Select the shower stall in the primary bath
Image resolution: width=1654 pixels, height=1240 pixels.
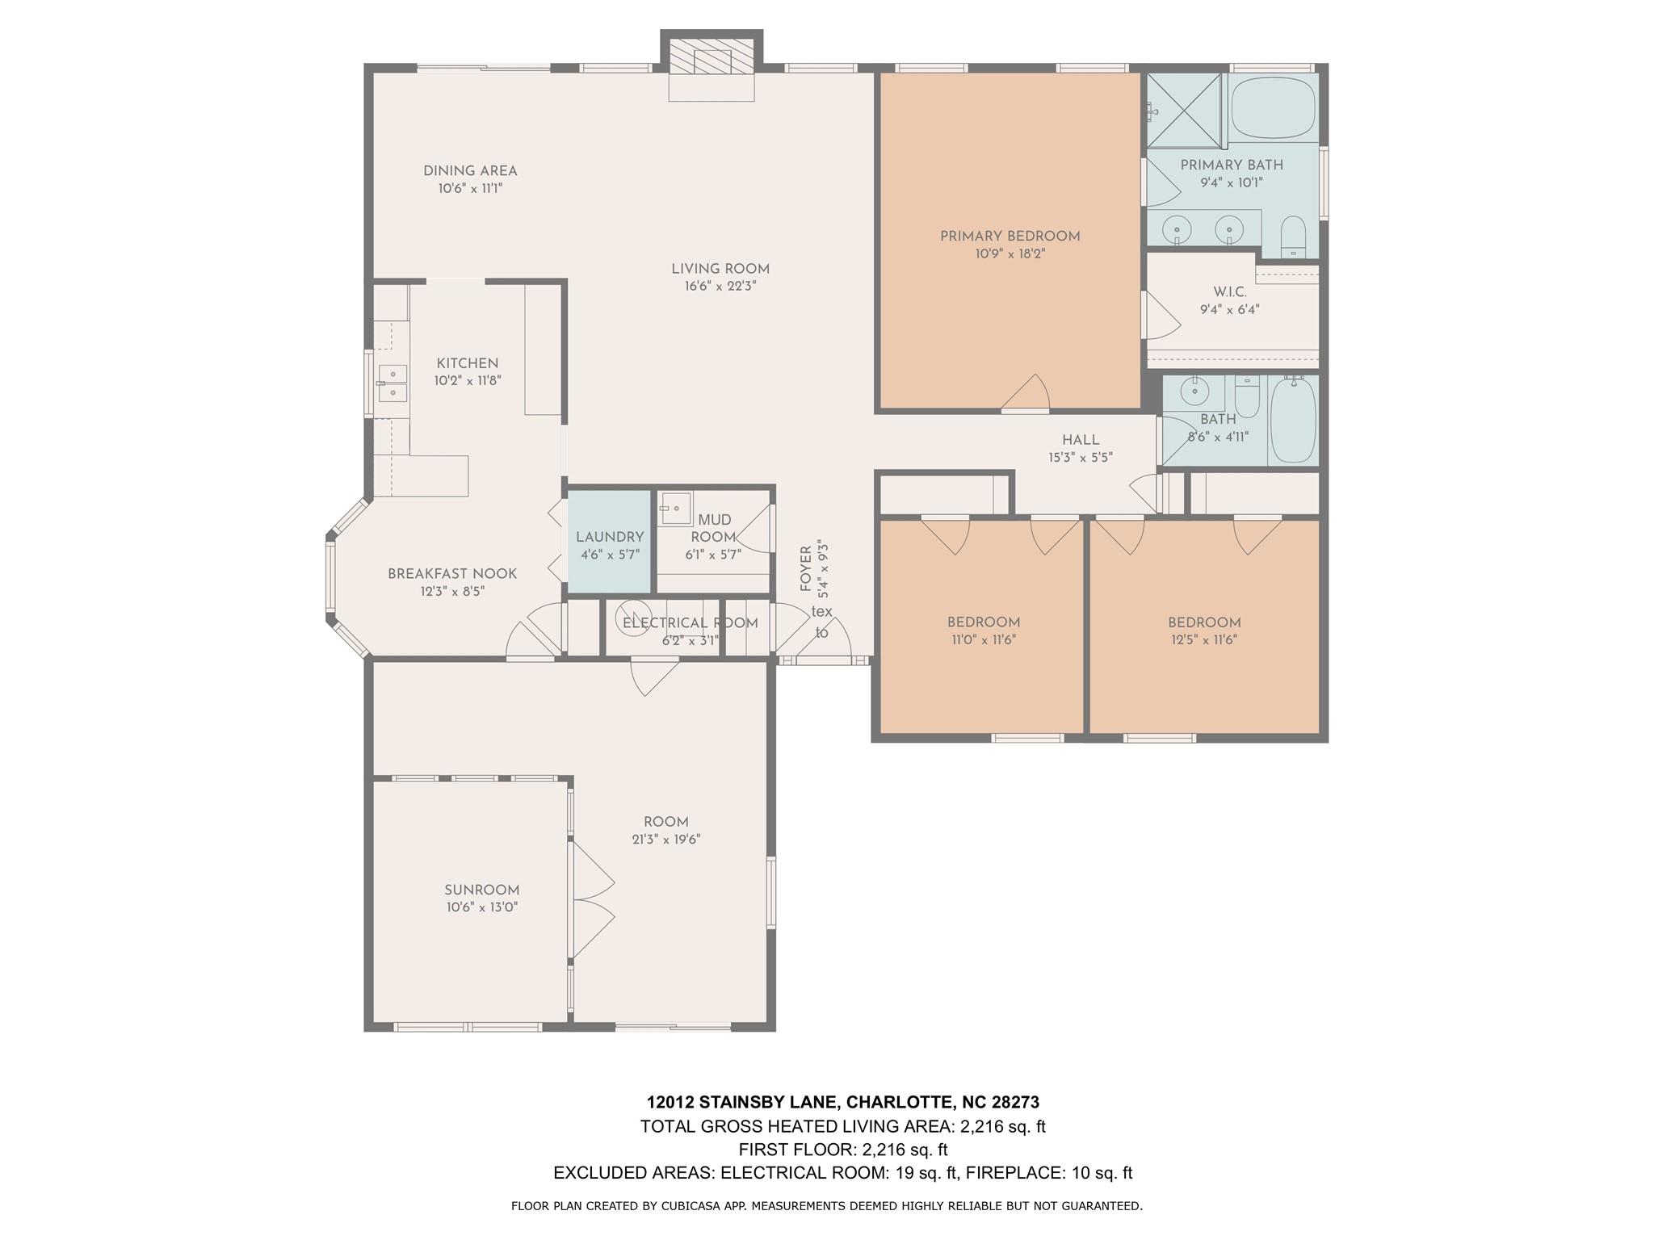(1184, 111)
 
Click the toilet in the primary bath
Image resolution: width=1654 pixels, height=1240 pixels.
(1293, 237)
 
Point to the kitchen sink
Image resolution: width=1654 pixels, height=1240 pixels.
(393, 383)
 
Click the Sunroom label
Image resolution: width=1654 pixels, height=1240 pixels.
(481, 890)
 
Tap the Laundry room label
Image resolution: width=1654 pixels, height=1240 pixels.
(610, 537)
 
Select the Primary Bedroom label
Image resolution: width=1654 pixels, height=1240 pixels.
(1010, 237)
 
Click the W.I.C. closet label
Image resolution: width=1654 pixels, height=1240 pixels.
(1229, 291)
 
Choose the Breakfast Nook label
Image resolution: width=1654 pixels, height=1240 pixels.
(452, 574)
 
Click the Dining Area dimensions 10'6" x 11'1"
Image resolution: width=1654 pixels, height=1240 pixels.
(471, 188)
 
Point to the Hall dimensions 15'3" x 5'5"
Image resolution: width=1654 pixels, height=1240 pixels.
(1081, 457)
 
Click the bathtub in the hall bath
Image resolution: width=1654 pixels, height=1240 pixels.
(1293, 420)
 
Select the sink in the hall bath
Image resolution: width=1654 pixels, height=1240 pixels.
(1192, 393)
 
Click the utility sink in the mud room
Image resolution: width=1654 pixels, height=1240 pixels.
(674, 509)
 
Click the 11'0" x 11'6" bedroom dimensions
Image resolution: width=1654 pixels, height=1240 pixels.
(983, 640)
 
